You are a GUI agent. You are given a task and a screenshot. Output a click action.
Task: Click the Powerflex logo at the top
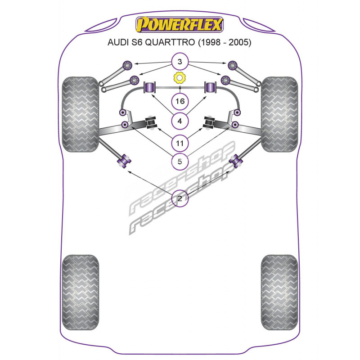179,25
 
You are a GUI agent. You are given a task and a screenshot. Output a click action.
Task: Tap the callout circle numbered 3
180,62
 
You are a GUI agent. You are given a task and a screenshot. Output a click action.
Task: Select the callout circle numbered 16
180,101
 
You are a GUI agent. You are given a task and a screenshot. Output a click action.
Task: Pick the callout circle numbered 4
180,121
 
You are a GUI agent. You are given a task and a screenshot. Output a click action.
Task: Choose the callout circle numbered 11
180,143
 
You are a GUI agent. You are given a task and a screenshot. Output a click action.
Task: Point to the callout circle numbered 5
180,162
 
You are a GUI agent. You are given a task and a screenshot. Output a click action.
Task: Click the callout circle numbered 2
180,198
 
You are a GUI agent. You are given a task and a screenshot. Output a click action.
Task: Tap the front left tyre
81,114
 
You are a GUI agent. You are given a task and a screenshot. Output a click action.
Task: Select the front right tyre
279,114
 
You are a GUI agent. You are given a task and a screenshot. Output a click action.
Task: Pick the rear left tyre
81,292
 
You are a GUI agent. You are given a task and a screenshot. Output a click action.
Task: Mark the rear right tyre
279,292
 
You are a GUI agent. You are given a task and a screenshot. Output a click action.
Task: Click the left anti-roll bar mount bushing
150,87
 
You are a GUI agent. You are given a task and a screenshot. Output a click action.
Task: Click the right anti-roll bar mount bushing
210,87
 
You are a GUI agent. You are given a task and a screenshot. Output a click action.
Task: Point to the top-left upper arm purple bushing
127,65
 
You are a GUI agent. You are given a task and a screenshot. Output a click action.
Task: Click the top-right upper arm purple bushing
233,65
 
